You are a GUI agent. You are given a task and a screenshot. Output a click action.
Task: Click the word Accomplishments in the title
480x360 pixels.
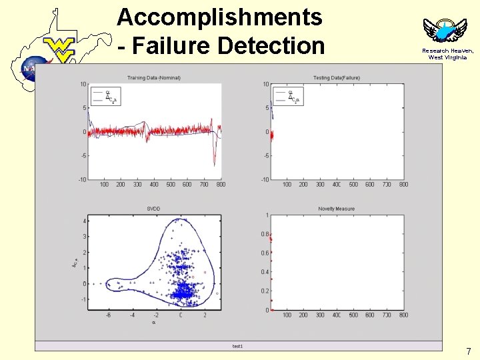coord(219,17)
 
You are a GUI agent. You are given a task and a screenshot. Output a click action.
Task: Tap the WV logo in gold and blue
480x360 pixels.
coord(60,49)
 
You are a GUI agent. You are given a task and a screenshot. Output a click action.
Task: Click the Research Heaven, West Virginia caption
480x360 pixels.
coord(447,54)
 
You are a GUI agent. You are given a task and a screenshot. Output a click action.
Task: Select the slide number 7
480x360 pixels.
coord(468,351)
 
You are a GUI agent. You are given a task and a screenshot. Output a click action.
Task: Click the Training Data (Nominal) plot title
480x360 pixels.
coord(154,78)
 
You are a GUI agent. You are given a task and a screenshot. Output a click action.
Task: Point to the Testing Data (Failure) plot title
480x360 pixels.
coord(336,78)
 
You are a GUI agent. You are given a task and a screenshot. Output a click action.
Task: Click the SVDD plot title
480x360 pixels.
coord(153,209)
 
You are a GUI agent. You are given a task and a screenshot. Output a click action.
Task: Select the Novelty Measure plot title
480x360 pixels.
coord(336,209)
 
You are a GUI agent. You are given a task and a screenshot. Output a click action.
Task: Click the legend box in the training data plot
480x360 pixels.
coord(105,97)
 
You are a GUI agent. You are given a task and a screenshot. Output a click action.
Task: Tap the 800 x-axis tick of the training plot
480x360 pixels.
coord(221,185)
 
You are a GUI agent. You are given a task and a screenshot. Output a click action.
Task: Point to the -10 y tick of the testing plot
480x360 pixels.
coord(265,179)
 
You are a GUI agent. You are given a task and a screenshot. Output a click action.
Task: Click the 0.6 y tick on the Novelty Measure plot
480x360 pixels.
coord(265,253)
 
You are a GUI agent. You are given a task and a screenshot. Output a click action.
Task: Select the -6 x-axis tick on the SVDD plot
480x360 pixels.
coord(107,315)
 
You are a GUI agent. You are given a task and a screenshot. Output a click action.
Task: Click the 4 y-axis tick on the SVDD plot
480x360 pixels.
coord(84,221)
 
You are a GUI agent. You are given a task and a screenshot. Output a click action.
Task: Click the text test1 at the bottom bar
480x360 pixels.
coord(238,346)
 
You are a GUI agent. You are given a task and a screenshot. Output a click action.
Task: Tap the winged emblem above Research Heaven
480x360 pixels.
coord(441,31)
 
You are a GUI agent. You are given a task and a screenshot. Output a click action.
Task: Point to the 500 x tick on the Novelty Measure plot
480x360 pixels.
coord(353,315)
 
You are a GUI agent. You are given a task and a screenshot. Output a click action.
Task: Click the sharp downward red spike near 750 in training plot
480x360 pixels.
coord(214,160)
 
